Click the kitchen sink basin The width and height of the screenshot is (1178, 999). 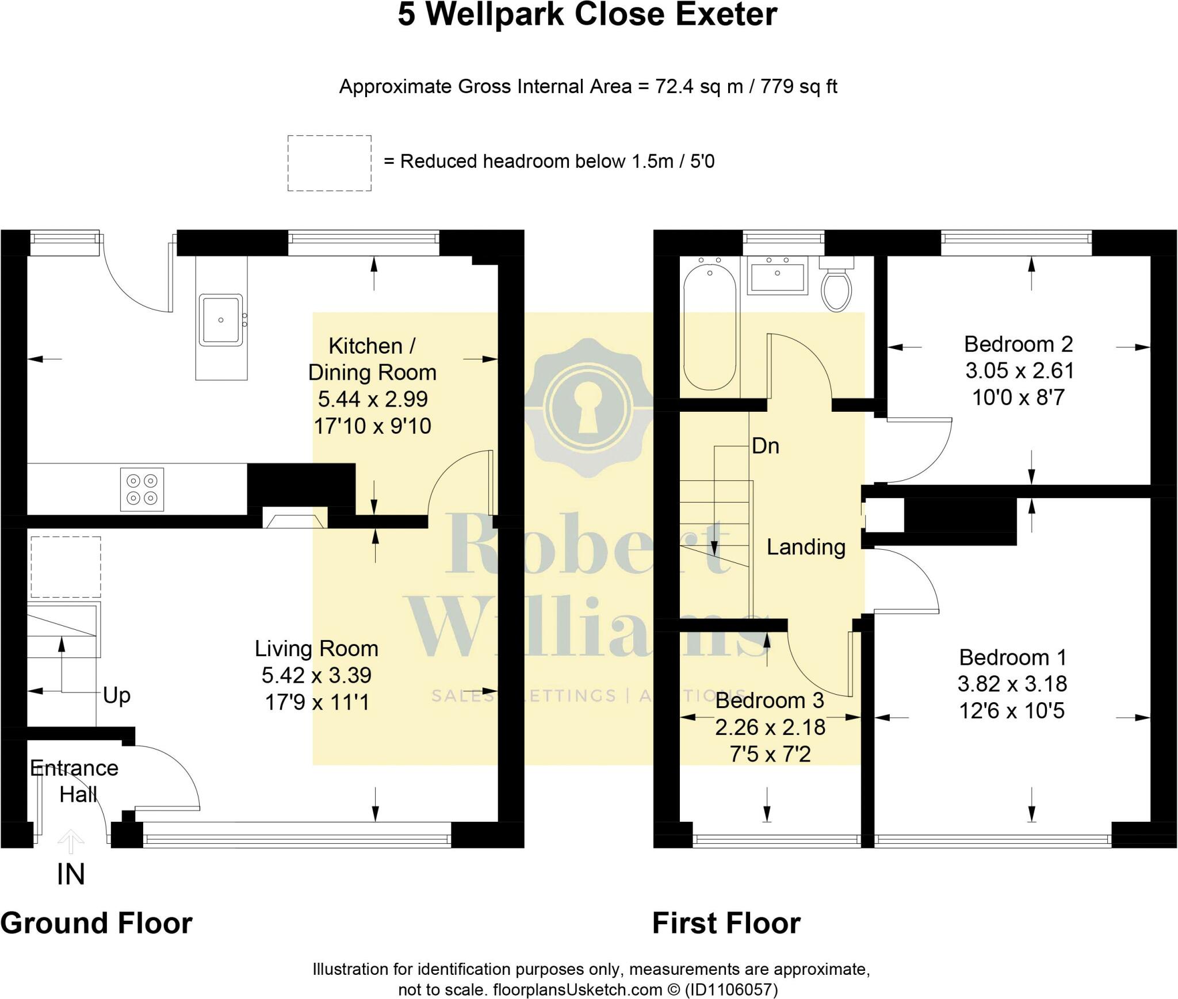[x=221, y=320]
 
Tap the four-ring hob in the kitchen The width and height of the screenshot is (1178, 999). [x=142, y=489]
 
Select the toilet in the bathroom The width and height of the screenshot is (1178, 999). [x=837, y=285]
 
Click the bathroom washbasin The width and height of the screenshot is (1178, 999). [x=777, y=275]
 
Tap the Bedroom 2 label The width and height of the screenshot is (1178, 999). [x=1018, y=345]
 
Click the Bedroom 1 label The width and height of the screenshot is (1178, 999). [x=1012, y=657]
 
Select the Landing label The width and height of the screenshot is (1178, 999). [x=806, y=547]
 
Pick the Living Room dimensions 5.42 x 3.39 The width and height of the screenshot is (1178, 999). [x=316, y=675]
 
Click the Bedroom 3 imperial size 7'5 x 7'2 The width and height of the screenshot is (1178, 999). [x=770, y=754]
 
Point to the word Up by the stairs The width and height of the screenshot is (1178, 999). [x=117, y=696]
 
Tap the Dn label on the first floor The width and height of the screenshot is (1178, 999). [x=766, y=446]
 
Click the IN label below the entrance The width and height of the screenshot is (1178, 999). [x=71, y=875]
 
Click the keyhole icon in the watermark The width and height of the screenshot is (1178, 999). [x=586, y=408]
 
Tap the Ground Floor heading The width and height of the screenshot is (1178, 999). [x=96, y=924]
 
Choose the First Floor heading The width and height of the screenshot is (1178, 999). [x=726, y=924]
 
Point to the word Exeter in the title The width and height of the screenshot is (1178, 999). [x=726, y=14]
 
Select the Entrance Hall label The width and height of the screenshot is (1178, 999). [x=74, y=781]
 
